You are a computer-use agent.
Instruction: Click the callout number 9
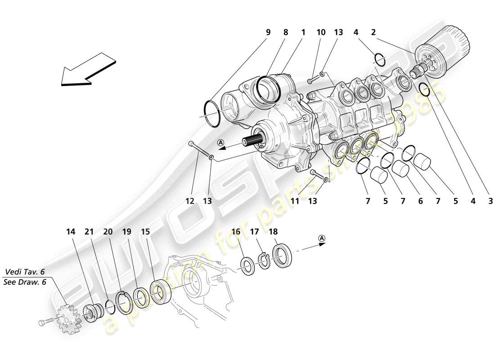coord(268,32)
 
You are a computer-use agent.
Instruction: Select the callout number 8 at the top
coord(285,32)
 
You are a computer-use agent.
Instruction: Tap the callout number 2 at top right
coord(373,32)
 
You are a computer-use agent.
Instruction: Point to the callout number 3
coord(490,201)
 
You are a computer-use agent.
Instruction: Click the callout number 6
coord(420,201)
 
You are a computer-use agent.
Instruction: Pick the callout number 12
coord(190,201)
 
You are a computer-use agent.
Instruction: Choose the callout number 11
coord(295,201)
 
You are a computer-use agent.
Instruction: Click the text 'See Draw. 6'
coord(25,282)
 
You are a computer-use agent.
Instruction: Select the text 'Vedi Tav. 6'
coord(25,272)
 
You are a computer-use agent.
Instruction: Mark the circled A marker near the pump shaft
coord(221,143)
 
